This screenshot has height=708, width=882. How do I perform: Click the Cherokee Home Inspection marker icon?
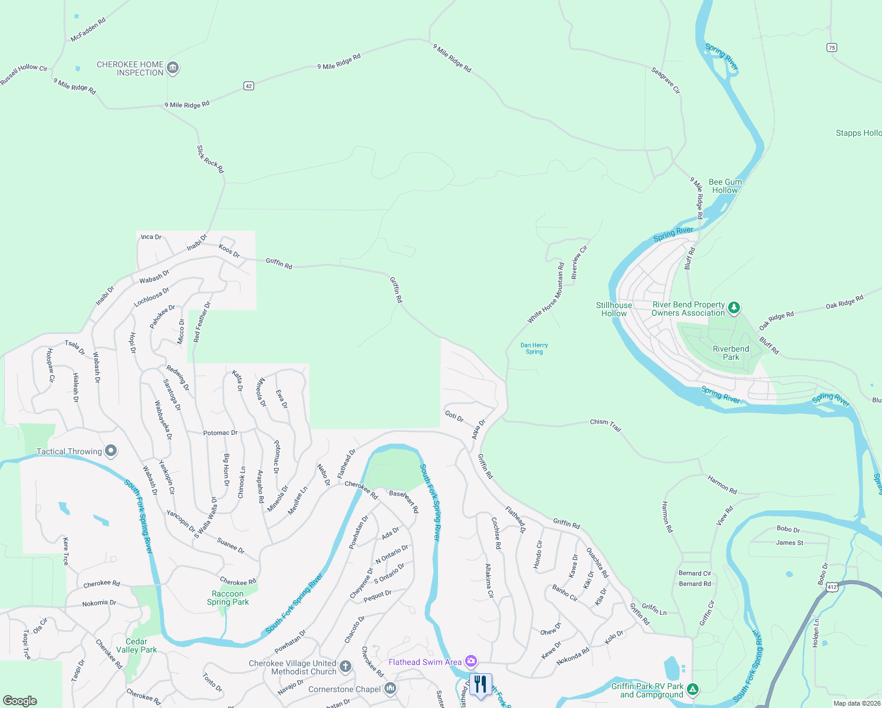pos(173,68)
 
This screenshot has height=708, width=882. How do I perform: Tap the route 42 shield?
pos(249,86)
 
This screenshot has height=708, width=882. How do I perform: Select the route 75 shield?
pos(831,48)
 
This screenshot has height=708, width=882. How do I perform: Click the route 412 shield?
pos(832,587)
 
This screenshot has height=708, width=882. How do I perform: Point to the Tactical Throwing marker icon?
pos(111,451)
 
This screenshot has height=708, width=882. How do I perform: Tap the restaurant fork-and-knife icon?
pos(481,685)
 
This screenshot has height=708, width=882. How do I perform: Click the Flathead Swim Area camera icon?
pos(470,661)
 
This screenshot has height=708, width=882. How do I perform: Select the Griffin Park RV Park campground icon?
pos(693,689)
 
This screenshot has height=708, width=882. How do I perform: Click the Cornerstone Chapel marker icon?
pos(390,689)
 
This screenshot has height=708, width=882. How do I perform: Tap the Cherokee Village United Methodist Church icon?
pos(345,667)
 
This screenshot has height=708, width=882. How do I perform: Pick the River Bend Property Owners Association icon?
pos(734,307)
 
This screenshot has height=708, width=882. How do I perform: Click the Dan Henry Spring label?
pos(534,349)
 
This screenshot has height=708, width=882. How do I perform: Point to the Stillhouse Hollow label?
pos(614,309)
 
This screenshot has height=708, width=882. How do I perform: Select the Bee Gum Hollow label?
pos(725,186)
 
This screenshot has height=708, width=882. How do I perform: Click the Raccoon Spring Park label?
pos(228,598)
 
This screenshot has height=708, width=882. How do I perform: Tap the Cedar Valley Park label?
pos(136,645)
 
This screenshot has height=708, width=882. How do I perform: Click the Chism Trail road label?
pos(605,425)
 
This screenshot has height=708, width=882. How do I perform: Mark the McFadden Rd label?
pos(88,30)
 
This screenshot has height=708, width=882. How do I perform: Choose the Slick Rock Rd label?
pos(210,159)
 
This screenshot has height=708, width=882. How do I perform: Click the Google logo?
pos(20,700)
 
